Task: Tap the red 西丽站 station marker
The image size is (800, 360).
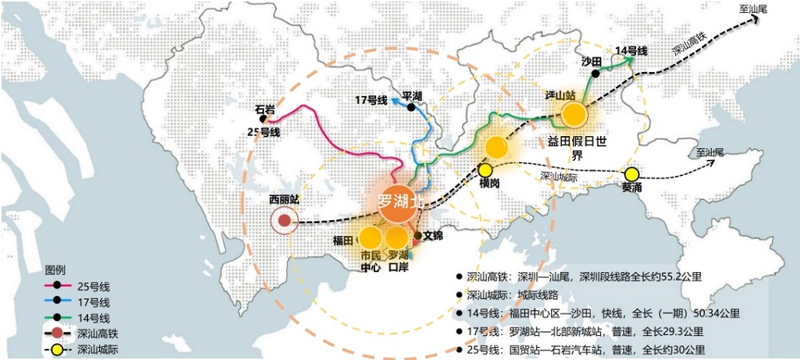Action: click(x=284, y=220)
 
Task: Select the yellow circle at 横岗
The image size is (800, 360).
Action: click(x=486, y=170)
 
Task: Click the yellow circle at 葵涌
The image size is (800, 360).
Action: click(x=632, y=174)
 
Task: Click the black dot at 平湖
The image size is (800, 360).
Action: click(x=411, y=107)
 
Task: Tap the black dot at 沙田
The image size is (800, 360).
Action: click(x=595, y=74)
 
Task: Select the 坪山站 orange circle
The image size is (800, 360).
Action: click(x=574, y=115)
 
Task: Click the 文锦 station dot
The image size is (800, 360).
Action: click(x=417, y=235)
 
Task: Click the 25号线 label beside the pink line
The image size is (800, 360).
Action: click(x=264, y=132)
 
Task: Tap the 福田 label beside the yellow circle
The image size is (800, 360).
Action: click(x=343, y=240)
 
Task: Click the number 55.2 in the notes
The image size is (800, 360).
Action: click(x=660, y=278)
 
